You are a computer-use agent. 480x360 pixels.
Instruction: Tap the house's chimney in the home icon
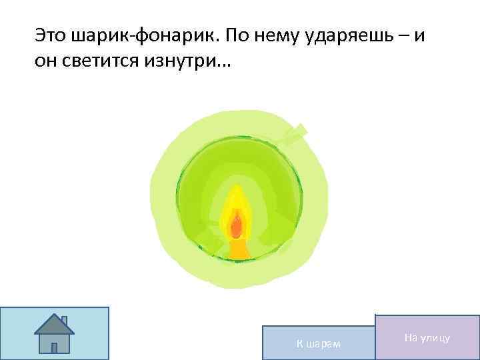coord(64,321)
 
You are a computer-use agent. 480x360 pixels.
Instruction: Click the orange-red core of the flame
coord(236,225)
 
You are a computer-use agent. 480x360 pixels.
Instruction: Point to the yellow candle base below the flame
coord(238,250)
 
